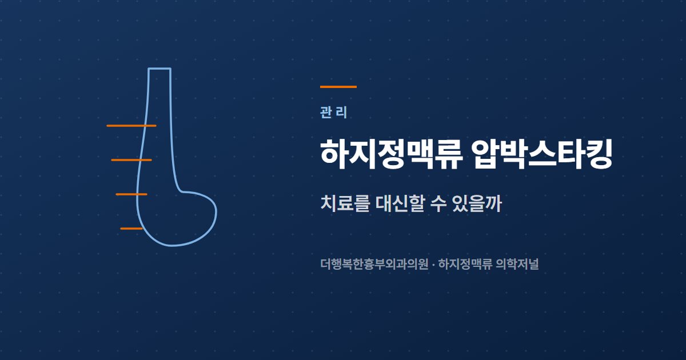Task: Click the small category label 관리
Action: click(333, 113)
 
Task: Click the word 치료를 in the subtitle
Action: click(345, 203)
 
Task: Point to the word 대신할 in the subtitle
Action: click(400, 203)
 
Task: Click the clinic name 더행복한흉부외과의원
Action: click(374, 264)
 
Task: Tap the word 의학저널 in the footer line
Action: click(517, 264)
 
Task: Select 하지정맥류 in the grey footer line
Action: click(465, 264)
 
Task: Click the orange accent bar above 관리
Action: click(338, 87)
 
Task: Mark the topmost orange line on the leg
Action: click(131, 126)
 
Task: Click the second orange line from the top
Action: click(131, 160)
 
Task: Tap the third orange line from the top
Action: click(131, 194)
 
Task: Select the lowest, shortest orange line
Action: click(131, 229)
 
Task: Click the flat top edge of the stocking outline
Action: click(159, 69)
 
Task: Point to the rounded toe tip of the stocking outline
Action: click(216, 211)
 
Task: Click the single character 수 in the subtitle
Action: click(438, 203)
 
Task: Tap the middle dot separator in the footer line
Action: click(433, 264)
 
